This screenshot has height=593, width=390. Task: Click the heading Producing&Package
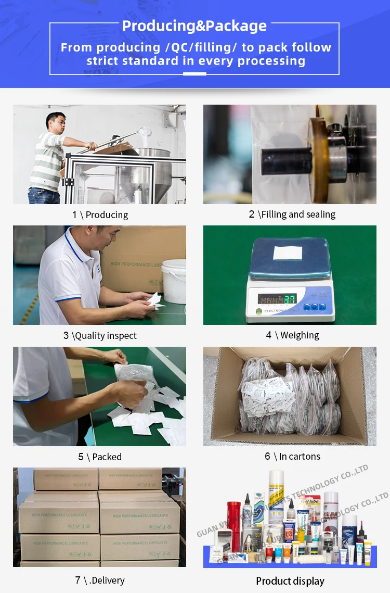[x=194, y=26]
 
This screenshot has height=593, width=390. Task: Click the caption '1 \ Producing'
[x=100, y=215]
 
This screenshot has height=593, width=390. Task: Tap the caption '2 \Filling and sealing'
[x=292, y=214]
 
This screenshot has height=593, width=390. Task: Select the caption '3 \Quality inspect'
[x=100, y=336]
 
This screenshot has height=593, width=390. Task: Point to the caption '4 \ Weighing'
[x=292, y=335]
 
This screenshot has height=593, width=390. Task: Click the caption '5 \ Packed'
[x=100, y=457]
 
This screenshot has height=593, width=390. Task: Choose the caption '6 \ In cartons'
[x=292, y=457]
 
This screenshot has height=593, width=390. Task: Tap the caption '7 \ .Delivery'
[x=100, y=580]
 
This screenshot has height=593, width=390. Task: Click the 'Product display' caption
[x=290, y=581]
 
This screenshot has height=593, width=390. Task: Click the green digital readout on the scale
[x=277, y=299]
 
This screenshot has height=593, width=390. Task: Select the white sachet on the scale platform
[x=288, y=253]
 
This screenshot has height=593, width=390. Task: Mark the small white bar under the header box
[x=194, y=74]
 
